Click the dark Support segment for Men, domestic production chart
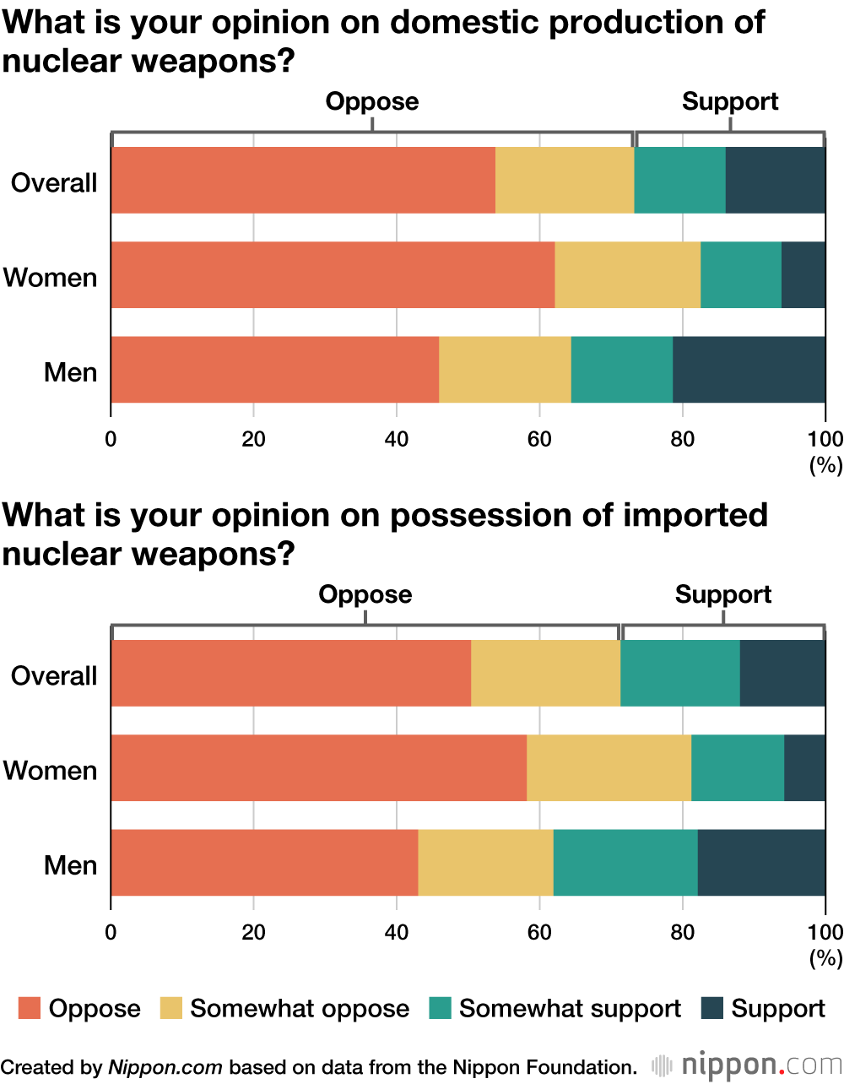(749, 370)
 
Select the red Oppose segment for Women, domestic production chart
(333, 275)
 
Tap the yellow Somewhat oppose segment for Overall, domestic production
(564, 180)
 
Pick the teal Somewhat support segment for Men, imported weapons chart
(625, 863)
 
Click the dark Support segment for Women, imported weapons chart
(804, 768)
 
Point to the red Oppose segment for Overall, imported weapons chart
(290, 673)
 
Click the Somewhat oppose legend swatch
(171, 1008)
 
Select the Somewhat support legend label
(570, 1008)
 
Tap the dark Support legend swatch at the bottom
(713, 1008)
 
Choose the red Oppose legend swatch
(30, 1008)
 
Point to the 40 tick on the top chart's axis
(397, 439)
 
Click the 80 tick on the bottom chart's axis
(682, 932)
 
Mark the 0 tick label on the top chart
(111, 439)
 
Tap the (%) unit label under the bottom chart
(825, 958)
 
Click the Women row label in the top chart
(51, 277)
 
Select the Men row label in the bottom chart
(71, 865)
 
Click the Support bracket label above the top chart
(730, 101)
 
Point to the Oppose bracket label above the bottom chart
(365, 594)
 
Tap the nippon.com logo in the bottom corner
(747, 1065)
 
